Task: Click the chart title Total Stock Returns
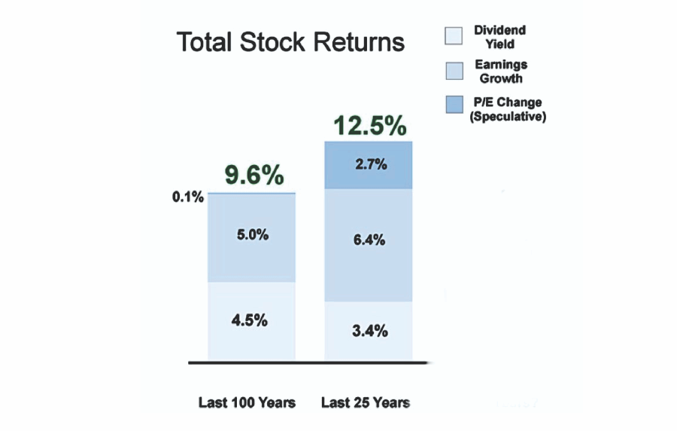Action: coord(290,42)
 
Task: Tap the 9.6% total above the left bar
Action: coord(254,175)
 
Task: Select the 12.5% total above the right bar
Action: coord(369,125)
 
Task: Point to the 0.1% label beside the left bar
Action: coord(188,197)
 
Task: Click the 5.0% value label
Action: coord(253,235)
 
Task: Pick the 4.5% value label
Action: coord(249,320)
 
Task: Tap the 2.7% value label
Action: coord(371,164)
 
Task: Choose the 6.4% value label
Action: coord(369,240)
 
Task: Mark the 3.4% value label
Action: coord(370,331)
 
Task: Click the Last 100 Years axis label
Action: coord(247,402)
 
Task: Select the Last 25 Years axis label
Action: coord(366,402)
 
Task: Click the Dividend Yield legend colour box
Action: coord(454,36)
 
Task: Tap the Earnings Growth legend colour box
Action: coord(454,71)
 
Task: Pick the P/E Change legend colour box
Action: coord(454,105)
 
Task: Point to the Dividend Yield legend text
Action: coord(500,37)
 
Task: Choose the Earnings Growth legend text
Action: coord(501,72)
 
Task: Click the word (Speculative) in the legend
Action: coord(508,116)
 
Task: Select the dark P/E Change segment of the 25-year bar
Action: coord(369,165)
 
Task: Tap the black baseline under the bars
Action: coord(308,362)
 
